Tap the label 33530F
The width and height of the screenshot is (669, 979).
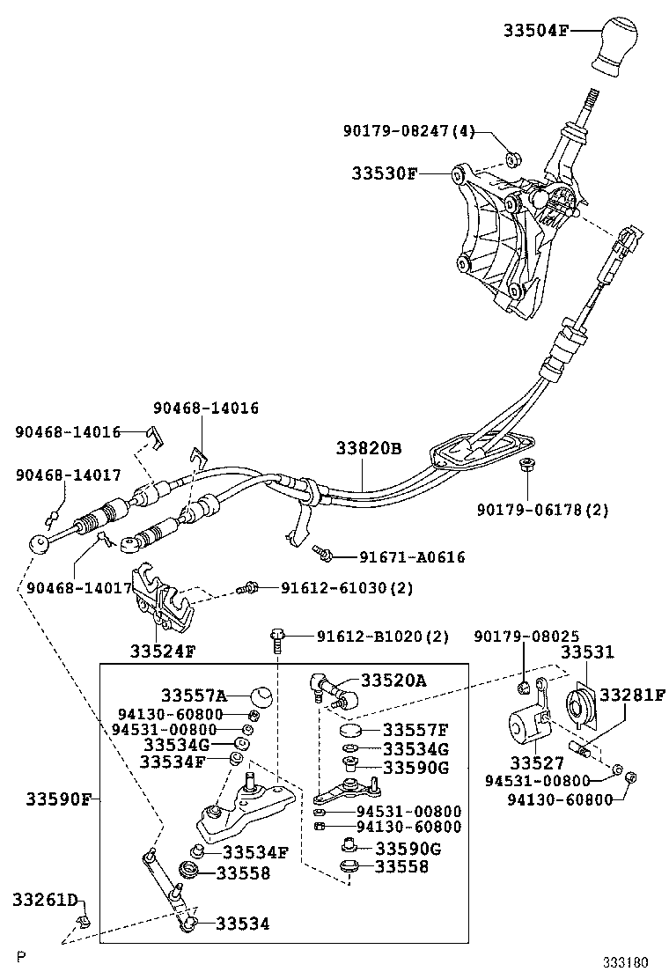386,173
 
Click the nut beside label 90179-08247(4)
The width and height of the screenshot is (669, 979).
512,159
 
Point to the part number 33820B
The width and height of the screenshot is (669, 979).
368,449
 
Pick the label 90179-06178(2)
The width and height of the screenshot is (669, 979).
542,509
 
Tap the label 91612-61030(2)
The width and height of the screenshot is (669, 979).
334,587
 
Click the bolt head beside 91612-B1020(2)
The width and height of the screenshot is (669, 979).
276,636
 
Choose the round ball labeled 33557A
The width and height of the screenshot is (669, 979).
260,696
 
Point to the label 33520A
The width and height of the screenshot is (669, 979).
393,679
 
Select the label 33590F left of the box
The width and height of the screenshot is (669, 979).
58,799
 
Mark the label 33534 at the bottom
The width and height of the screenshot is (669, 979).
243,923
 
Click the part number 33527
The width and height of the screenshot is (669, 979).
531,762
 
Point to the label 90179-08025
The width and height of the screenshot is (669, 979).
526,636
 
